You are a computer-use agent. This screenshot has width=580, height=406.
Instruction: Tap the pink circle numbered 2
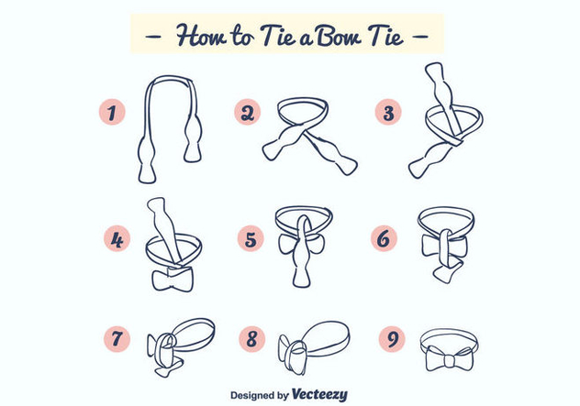[248, 113]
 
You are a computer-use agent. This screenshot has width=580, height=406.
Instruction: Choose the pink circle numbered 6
[385, 238]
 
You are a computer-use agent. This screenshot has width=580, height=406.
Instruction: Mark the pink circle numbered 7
[117, 338]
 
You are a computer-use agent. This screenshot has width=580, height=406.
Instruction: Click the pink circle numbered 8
[251, 338]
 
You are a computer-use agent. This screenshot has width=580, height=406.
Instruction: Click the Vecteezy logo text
[319, 394]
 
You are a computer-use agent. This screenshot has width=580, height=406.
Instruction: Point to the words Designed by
[259, 396]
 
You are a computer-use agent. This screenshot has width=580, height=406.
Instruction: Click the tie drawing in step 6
[443, 243]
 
